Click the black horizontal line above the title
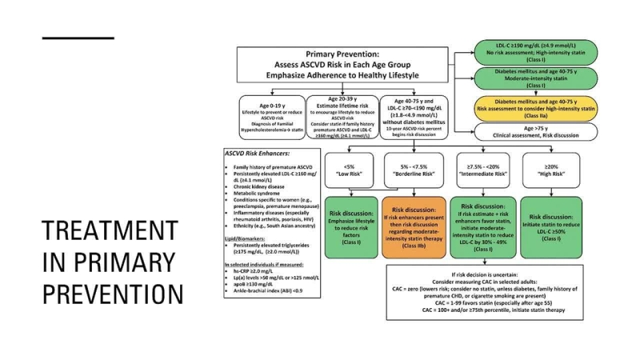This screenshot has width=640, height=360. tap(78, 38)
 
